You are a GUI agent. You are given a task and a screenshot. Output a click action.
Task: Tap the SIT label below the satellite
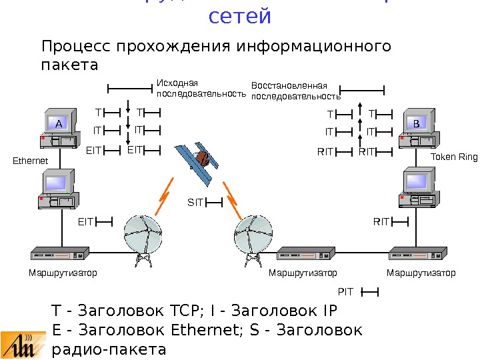pos(195,201)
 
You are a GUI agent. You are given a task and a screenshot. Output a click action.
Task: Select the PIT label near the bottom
pos(345,291)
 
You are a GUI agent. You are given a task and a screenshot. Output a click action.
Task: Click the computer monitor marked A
pos(58,123)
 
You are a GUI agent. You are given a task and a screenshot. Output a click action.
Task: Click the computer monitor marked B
pos(416,123)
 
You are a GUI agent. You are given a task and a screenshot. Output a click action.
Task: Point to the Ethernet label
pos(31,161)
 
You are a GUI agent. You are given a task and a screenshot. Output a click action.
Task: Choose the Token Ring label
pos(454,157)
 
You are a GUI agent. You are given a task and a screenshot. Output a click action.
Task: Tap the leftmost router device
pos(59,255)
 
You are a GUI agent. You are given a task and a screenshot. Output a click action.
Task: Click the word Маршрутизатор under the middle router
pos(303,273)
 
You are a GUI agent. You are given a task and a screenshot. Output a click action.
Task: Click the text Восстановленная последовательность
pos(291,91)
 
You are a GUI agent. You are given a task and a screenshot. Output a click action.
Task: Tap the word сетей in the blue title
pos(240,15)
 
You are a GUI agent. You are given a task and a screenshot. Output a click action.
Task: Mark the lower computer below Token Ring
pos(419,190)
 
